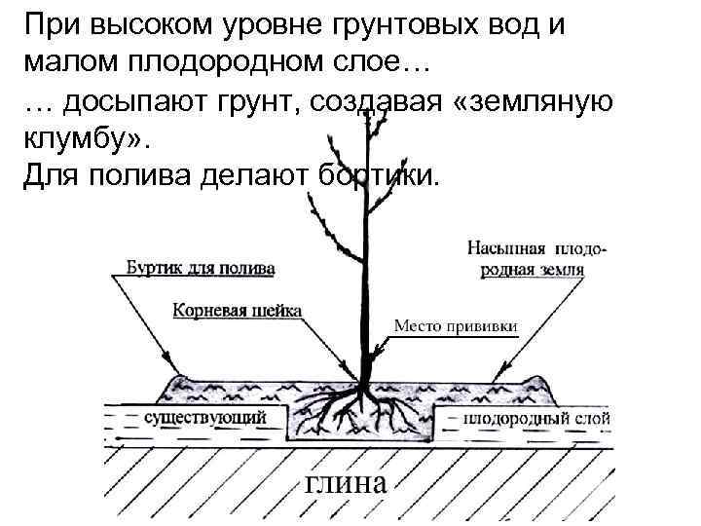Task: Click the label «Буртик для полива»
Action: click(x=201, y=265)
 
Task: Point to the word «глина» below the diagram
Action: click(x=348, y=483)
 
